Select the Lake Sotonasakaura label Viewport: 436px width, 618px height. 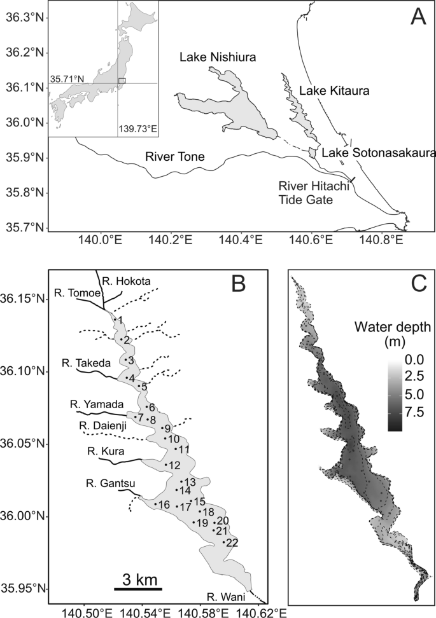click(378, 153)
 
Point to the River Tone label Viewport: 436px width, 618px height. click(172, 156)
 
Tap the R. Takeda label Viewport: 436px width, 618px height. click(87, 362)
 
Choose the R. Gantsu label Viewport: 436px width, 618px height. click(105, 484)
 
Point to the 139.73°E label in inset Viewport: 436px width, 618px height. click(138, 130)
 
